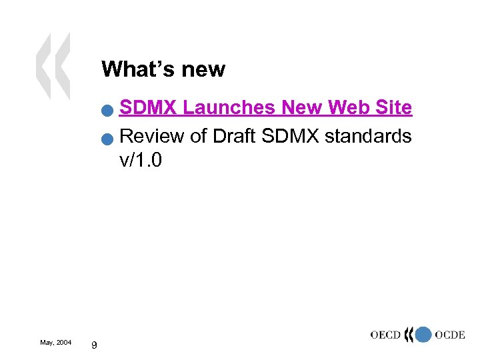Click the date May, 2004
click(x=56, y=342)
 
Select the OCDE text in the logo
click(x=449, y=334)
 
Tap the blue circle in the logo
click(x=423, y=335)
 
